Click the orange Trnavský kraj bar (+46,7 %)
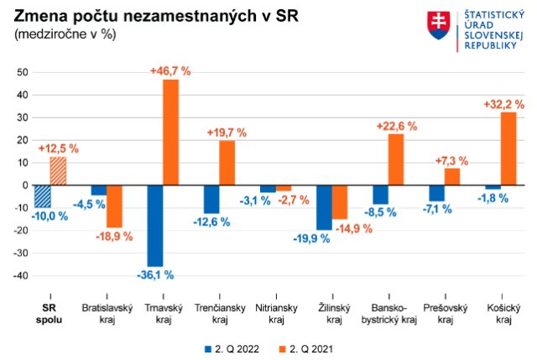pyautogui.click(x=170, y=132)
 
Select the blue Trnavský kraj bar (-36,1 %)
pyautogui.click(x=154, y=226)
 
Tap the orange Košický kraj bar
pyautogui.click(x=508, y=149)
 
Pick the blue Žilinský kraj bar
pyautogui.click(x=324, y=207)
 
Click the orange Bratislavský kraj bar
pyautogui.click(x=114, y=206)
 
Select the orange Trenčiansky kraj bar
pyautogui.click(x=227, y=163)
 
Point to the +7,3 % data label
pyautogui.click(x=451, y=160)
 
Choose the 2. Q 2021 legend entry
pyautogui.click(x=310, y=347)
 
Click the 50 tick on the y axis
pyautogui.click(x=23, y=72)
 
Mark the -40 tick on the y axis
pyautogui.click(x=20, y=275)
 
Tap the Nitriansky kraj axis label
pyautogui.click(x=276, y=314)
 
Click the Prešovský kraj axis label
pyautogui.click(x=446, y=314)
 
